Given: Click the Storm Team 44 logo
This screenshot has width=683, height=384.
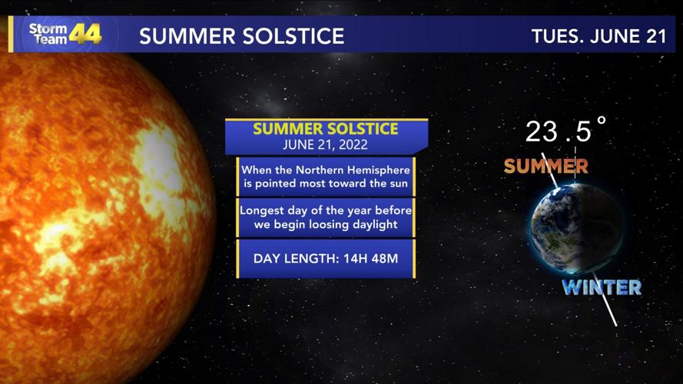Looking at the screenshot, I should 65,34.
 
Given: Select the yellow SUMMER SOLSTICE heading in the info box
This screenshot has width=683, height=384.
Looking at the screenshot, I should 326,128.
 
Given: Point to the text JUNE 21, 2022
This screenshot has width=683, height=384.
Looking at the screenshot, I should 326,144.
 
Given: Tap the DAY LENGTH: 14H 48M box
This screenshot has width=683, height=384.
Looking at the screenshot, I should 326,259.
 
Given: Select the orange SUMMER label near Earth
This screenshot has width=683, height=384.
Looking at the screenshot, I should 545,166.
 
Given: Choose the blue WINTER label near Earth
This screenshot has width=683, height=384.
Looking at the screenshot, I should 602,288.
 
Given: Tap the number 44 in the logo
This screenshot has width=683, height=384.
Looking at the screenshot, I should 85,34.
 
